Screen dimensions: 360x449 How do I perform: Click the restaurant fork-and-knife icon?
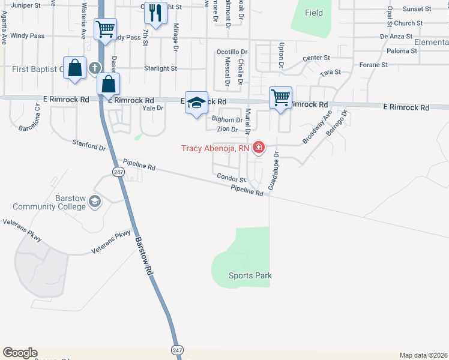click(156, 13)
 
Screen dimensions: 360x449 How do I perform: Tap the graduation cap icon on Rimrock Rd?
click(196, 103)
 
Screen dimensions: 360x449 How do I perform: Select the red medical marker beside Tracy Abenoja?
click(259, 147)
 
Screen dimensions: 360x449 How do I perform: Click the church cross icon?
click(94, 68)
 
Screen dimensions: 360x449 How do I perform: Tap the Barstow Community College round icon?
click(94, 201)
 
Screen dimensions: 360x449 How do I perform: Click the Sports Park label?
click(250, 276)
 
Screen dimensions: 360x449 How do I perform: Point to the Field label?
click(313, 13)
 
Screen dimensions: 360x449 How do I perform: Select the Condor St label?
click(231, 179)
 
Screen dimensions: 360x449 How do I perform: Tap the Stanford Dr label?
click(89, 145)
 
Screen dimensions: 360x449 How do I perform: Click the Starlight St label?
click(160, 68)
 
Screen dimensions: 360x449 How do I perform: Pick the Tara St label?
click(330, 72)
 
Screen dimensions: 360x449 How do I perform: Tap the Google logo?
click(20, 353)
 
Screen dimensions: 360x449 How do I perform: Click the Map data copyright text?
click(423, 355)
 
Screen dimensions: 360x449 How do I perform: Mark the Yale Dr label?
click(152, 108)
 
